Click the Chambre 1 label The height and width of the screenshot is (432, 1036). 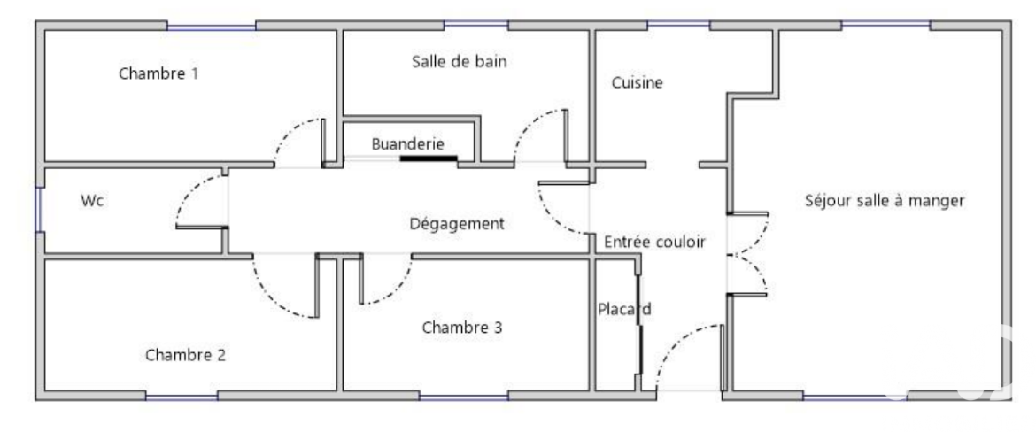click(x=158, y=73)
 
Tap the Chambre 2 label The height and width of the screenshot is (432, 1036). click(x=185, y=355)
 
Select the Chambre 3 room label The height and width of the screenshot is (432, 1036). click(x=462, y=327)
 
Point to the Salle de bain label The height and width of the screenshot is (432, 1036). click(x=460, y=61)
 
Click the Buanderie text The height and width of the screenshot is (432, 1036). click(x=407, y=143)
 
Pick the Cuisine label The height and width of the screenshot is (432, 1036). click(x=637, y=82)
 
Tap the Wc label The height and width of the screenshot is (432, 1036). click(x=92, y=201)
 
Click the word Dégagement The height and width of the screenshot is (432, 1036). click(x=457, y=224)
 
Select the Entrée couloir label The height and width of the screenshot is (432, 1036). click(x=654, y=243)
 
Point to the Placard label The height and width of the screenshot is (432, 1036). click(x=624, y=308)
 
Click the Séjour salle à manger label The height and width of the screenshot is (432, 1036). click(x=885, y=201)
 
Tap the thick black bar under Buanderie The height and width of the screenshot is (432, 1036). click(x=429, y=158)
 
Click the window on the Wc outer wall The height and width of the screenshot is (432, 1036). click(x=39, y=210)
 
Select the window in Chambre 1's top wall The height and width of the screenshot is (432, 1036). click(x=212, y=27)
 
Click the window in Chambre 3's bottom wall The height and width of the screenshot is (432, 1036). click(x=464, y=397)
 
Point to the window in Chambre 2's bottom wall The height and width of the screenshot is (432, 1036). click(x=182, y=397)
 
